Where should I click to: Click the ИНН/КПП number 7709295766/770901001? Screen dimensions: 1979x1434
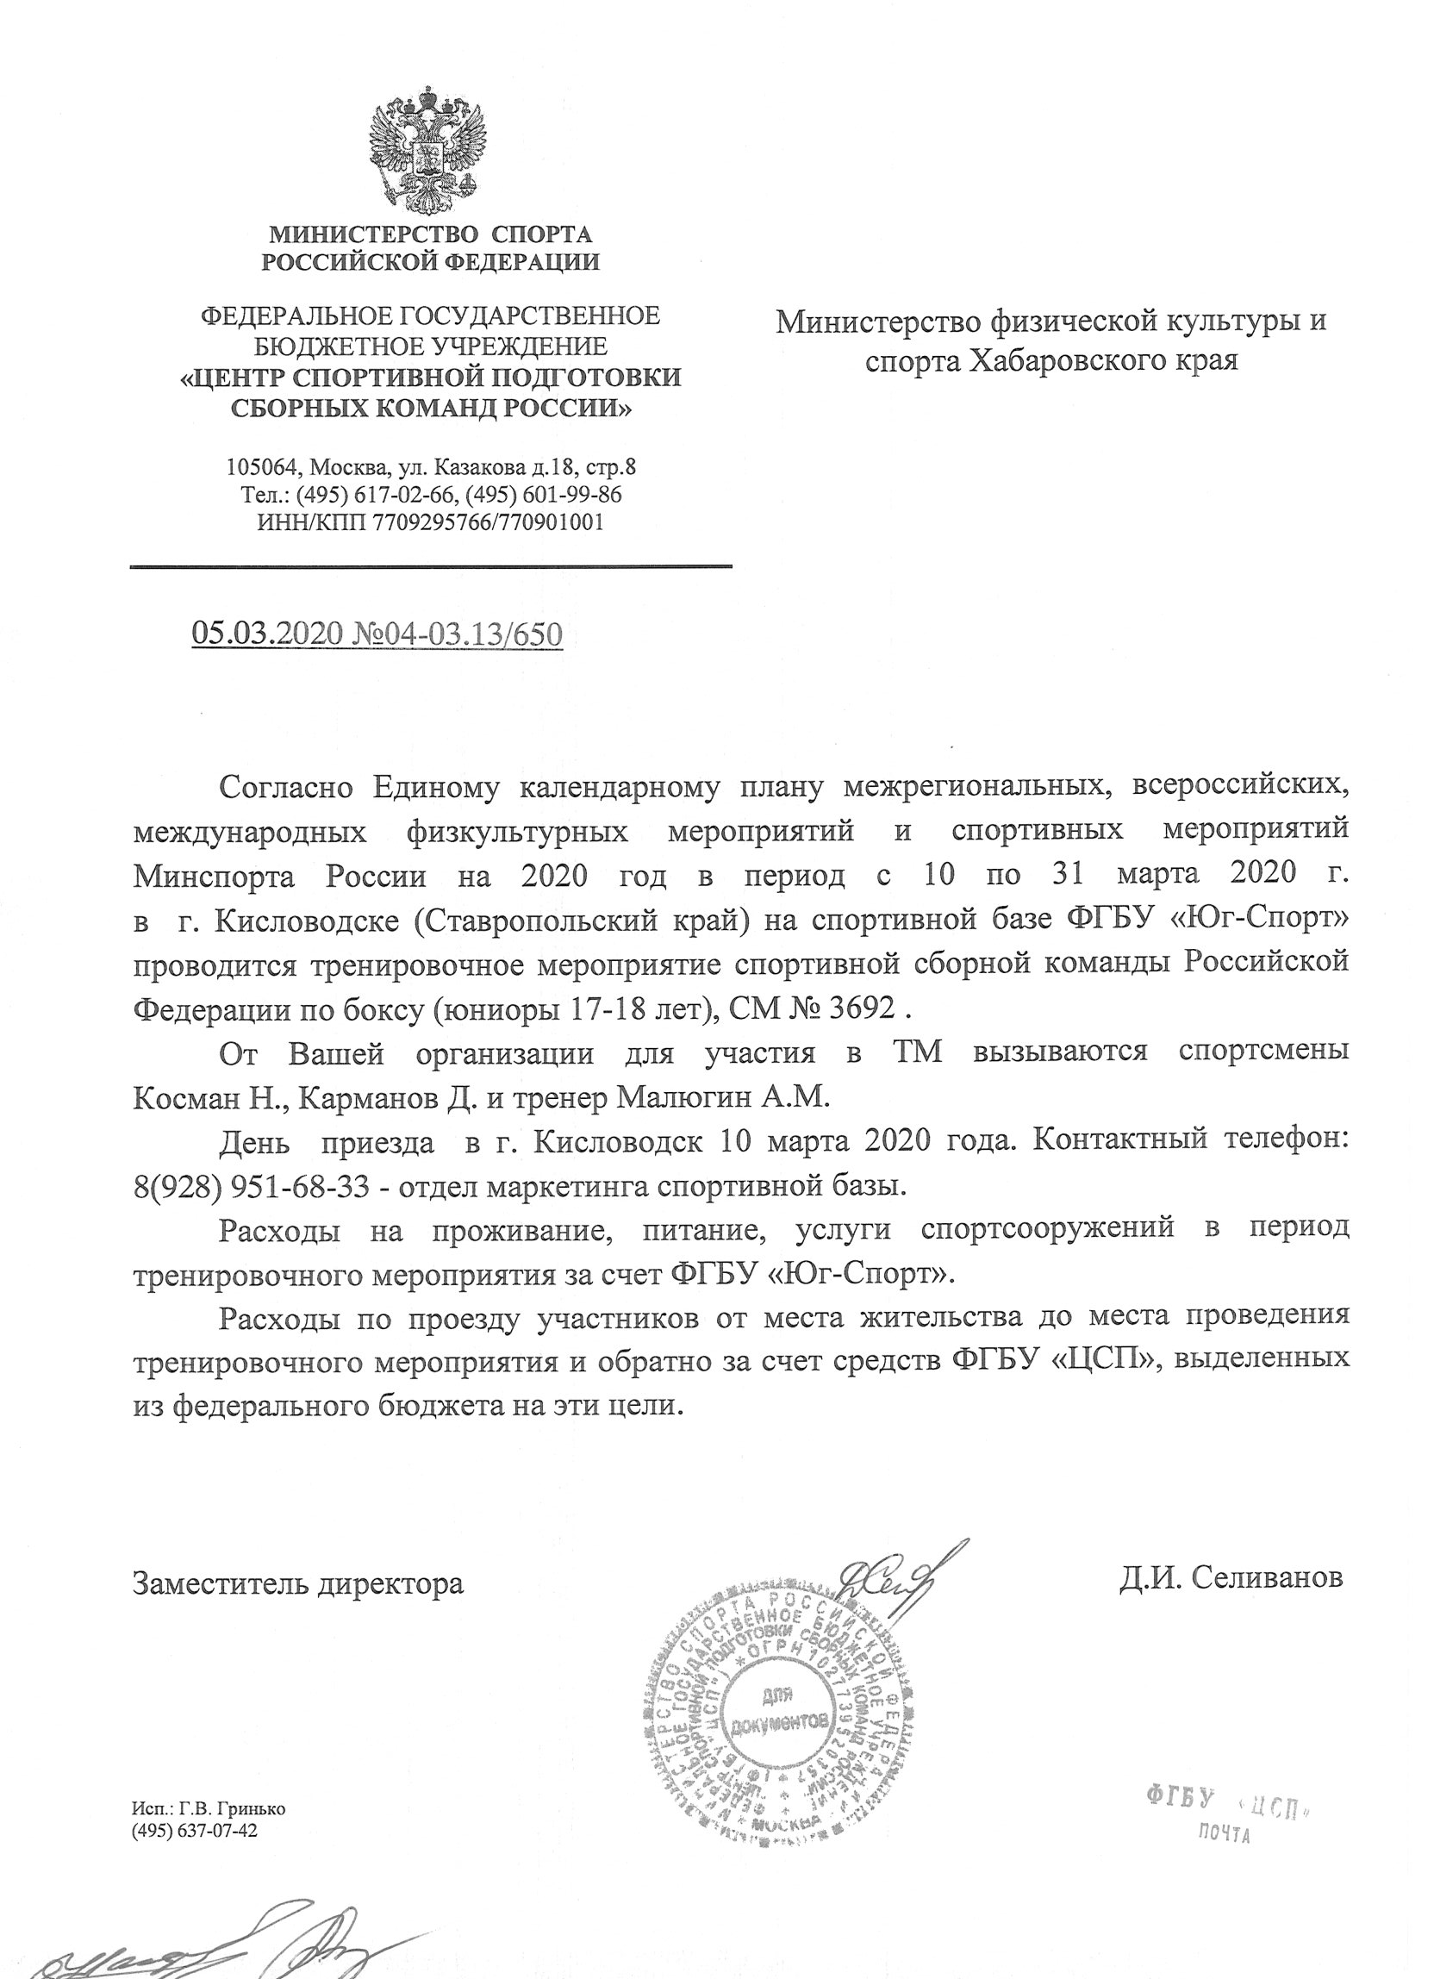tap(488, 522)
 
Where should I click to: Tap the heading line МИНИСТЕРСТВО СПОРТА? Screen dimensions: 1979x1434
tap(430, 234)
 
